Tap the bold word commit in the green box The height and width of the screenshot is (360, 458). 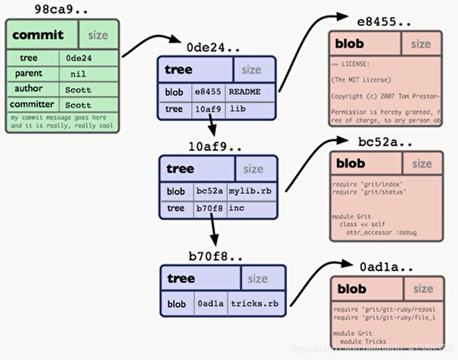tap(38, 35)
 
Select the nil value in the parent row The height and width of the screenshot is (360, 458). tap(78, 73)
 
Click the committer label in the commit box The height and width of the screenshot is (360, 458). tap(32, 104)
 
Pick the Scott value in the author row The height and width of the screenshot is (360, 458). tap(78, 89)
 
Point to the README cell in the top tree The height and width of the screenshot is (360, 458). tap(244, 92)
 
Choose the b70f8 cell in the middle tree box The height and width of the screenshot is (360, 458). tap(208, 208)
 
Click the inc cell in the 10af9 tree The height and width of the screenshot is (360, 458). tap(237, 208)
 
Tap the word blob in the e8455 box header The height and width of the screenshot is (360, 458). tap(350, 44)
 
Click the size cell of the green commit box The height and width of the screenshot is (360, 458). tap(97, 35)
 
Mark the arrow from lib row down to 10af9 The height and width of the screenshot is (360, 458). tap(211, 126)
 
